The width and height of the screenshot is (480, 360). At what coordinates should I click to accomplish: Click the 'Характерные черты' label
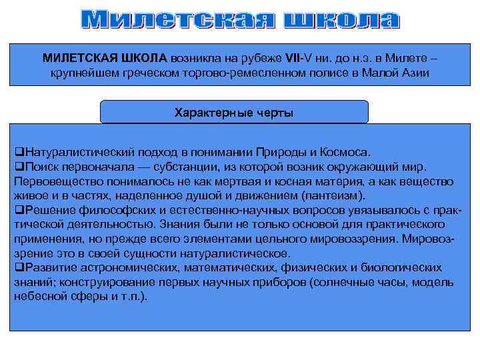pos(233,113)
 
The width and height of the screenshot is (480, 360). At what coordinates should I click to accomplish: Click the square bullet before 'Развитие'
pos(19,268)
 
